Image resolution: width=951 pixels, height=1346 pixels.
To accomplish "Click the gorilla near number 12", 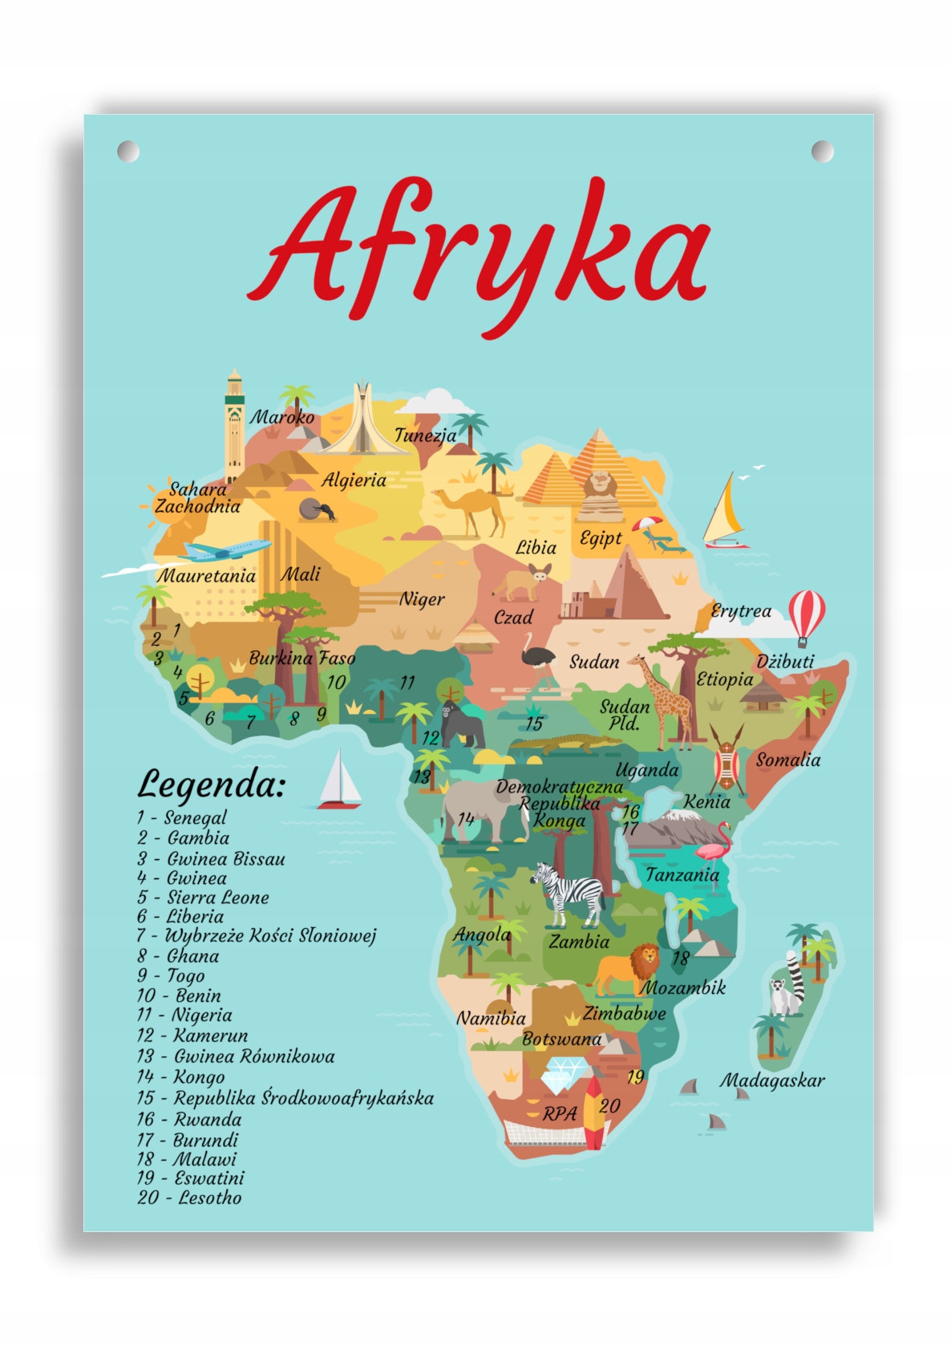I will tap(463, 724).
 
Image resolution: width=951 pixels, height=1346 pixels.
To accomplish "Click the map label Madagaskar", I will tap(771, 1080).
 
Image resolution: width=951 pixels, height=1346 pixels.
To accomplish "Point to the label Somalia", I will tap(787, 760).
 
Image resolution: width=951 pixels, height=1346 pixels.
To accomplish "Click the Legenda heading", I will tap(210, 784).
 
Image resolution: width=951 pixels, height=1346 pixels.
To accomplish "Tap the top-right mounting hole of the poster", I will tap(822, 151).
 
